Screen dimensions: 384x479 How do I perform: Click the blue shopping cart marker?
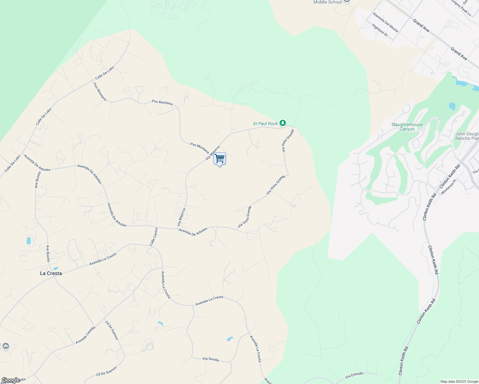pyautogui.click(x=220, y=159)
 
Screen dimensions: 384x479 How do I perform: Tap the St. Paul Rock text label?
pyautogui.click(x=265, y=124)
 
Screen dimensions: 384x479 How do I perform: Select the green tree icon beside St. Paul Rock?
pyautogui.click(x=282, y=123)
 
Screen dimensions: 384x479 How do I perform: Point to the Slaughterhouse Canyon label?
pyautogui.click(x=407, y=127)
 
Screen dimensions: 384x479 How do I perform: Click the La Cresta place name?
pyautogui.click(x=51, y=273)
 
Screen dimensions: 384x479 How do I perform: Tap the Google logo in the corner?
pyautogui.click(x=10, y=380)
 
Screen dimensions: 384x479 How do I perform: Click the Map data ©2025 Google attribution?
pyautogui.click(x=459, y=381)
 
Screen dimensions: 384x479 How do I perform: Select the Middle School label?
pyautogui.click(x=328, y=2)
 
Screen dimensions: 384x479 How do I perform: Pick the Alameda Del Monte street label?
pyautogui.click(x=385, y=22)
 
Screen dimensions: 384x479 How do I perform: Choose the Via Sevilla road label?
pyautogui.click(x=211, y=359)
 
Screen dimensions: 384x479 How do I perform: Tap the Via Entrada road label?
pyautogui.click(x=354, y=375)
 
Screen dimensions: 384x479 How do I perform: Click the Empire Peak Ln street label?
pyautogui.click(x=461, y=8)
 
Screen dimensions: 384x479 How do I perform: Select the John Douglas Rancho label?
pyautogui.click(x=467, y=136)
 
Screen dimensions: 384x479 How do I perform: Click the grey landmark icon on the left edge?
pyautogui.click(x=5, y=346)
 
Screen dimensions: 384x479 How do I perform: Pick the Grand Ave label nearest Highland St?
pyautogui.click(x=421, y=25)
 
